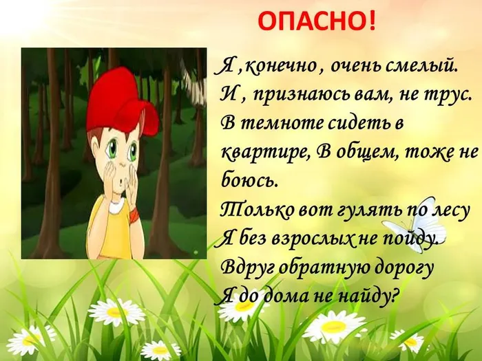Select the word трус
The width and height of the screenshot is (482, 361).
(x=450, y=95)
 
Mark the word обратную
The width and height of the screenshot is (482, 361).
(x=316, y=267)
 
